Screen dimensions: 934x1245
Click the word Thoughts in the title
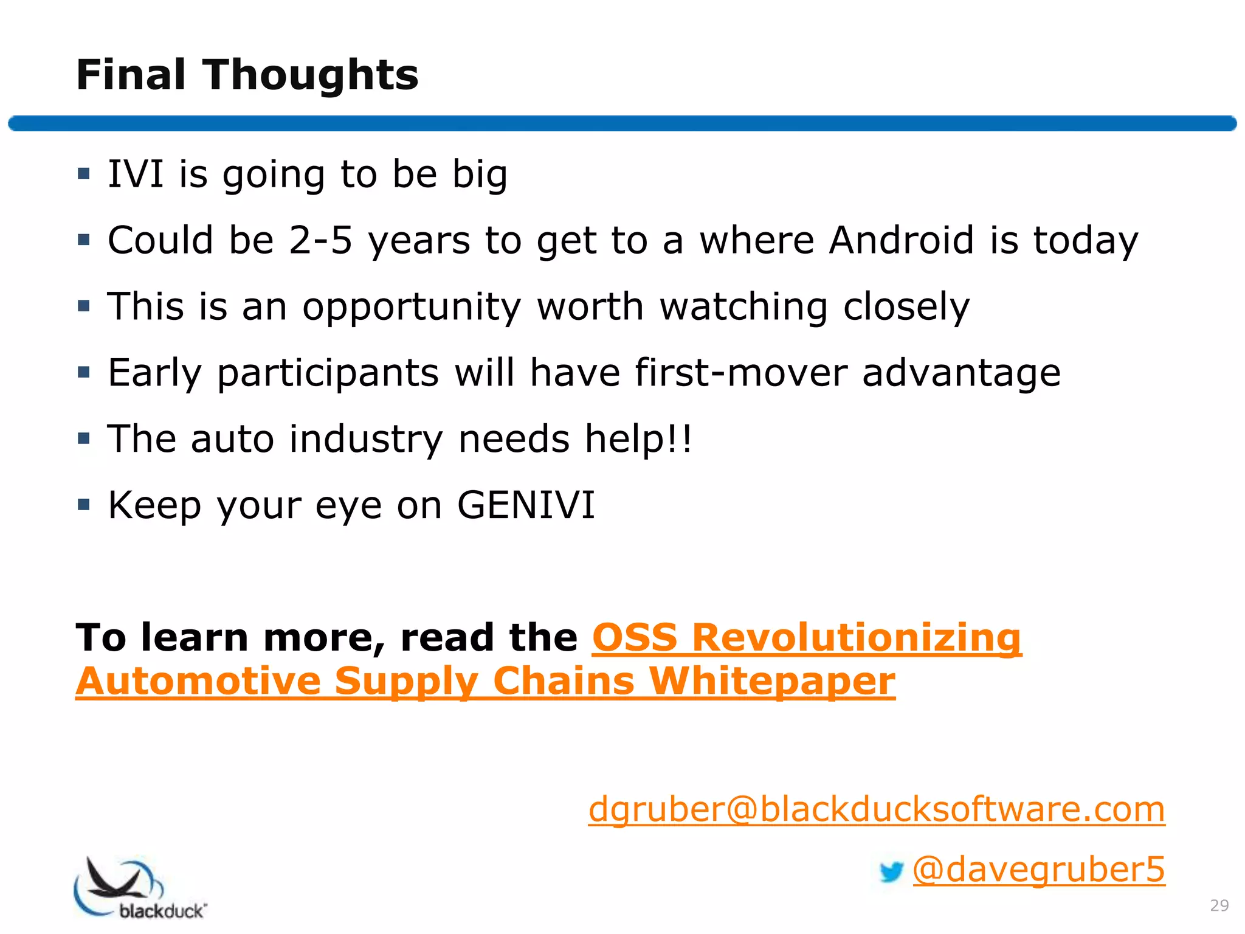[311, 75]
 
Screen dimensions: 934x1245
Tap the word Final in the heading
[131, 75]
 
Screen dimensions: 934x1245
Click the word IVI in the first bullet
[136, 174]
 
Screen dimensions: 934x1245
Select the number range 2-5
[320, 240]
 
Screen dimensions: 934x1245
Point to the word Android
[902, 240]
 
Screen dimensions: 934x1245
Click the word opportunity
[412, 307]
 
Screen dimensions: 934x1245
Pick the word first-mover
[741, 372]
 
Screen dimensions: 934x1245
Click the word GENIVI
[526, 505]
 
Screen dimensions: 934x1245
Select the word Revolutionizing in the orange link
[857, 638]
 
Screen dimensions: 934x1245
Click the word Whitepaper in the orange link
[772, 681]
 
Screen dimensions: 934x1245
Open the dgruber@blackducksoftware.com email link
[877, 809]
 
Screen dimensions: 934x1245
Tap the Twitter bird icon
[891, 872]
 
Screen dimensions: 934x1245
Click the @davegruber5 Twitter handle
[1039, 870]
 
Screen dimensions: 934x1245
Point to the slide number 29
[1219, 905]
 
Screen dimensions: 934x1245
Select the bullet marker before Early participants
[84, 372]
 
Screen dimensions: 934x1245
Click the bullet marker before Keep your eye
[84, 504]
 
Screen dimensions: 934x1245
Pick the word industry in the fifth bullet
[366, 439]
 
